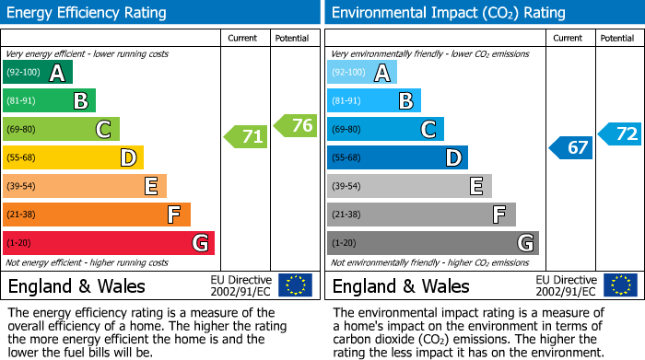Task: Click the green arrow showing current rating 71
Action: pyautogui.click(x=246, y=137)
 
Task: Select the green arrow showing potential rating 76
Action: pyautogui.click(x=296, y=125)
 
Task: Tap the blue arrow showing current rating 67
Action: pyautogui.click(x=571, y=146)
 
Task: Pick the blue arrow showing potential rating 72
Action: pyautogui.click(x=620, y=134)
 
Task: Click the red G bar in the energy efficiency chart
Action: pyautogui.click(x=109, y=243)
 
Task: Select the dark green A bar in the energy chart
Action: pyautogui.click(x=38, y=73)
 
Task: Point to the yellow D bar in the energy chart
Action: pyautogui.click(x=73, y=157)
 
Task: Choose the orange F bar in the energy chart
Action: pyautogui.click(x=97, y=215)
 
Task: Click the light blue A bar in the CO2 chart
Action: pyautogui.click(x=362, y=73)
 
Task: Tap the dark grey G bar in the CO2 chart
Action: pyautogui.click(x=432, y=243)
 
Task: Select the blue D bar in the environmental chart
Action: pyautogui.click(x=397, y=157)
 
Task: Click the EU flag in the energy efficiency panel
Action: pyautogui.click(x=295, y=285)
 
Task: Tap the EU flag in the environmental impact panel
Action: pyautogui.click(x=619, y=285)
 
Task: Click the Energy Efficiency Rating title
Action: pyautogui.click(x=88, y=13)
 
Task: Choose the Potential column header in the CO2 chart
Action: pyautogui.click(x=617, y=38)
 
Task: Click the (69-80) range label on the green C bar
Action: pyautogui.click(x=20, y=130)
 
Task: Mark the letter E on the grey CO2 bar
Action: pyautogui.click(x=475, y=186)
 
